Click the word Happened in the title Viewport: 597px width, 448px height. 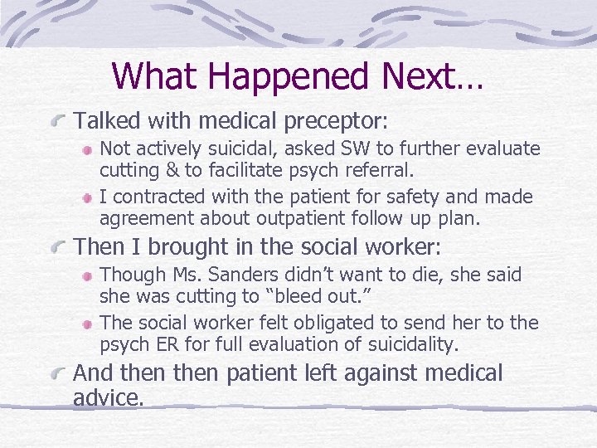coord(291,75)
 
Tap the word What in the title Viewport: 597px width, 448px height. coord(156,75)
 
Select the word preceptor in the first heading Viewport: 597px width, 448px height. coord(335,122)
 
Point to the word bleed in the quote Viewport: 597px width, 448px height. coord(339,296)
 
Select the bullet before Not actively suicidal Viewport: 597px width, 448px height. coord(86,150)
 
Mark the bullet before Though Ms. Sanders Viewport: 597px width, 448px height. coord(86,275)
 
